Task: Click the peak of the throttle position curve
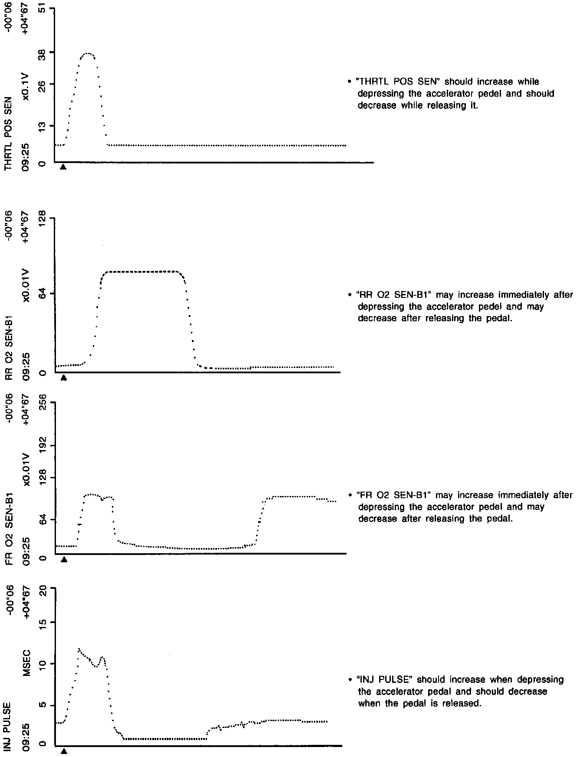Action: point(88,53)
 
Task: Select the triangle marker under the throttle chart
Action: point(63,166)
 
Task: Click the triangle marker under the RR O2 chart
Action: point(64,378)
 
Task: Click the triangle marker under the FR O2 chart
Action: point(64,559)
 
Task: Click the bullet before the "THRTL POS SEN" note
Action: point(350,82)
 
